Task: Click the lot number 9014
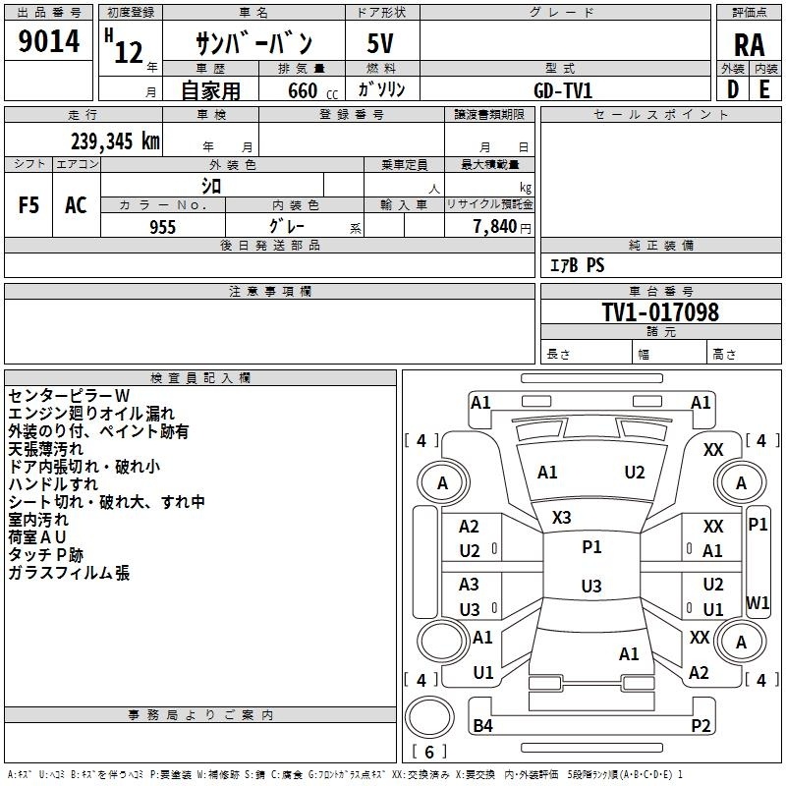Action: pos(49,43)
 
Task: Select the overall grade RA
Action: pos(748,45)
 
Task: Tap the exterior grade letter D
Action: pos(732,89)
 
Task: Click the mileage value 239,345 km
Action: pos(115,141)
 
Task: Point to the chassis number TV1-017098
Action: pos(660,312)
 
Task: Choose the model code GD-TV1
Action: pos(563,90)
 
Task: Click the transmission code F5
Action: pos(29,205)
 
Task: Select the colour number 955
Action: pos(162,225)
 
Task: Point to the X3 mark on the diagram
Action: pos(561,518)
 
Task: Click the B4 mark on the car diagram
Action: pos(482,726)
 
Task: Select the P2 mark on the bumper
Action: pos(701,726)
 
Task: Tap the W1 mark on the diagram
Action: pos(758,602)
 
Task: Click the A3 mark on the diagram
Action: pos(470,585)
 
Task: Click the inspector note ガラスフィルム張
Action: pos(69,573)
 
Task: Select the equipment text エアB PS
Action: pos(577,265)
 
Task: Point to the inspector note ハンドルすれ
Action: pos(53,484)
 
